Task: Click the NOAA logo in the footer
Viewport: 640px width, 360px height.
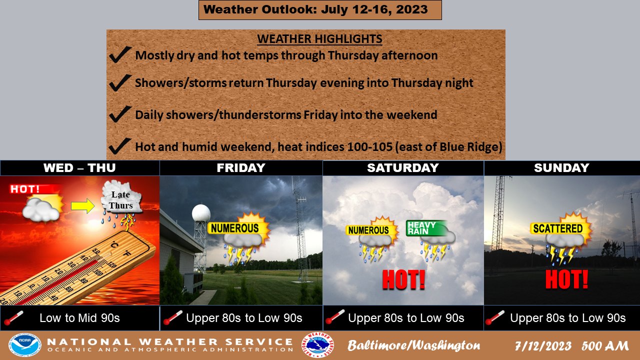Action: (x=25, y=345)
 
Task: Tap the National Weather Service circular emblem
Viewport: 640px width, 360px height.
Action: (x=317, y=345)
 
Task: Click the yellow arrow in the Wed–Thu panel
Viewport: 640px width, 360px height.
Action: (x=82, y=206)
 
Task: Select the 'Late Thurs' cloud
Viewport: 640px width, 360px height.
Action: (x=121, y=197)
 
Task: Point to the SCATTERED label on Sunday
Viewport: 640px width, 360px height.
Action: (x=557, y=228)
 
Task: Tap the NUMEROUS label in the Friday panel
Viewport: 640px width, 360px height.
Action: (x=234, y=228)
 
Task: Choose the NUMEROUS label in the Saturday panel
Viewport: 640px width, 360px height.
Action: (x=368, y=230)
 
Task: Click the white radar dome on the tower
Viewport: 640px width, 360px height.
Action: (x=201, y=213)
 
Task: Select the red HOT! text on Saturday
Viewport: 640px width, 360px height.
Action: (x=403, y=279)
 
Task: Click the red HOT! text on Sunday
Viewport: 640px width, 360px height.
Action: (x=566, y=279)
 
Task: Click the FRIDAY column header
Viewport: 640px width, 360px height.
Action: (x=241, y=167)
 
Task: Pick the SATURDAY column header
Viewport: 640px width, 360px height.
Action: (x=403, y=167)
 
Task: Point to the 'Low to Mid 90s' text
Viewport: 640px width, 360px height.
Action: (x=79, y=318)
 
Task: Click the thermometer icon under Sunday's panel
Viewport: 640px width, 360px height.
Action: (x=494, y=317)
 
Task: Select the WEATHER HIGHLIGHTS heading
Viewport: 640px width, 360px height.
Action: (x=319, y=39)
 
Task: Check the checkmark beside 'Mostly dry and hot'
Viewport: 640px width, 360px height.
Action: (x=120, y=54)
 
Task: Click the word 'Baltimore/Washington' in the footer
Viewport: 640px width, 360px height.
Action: (x=413, y=345)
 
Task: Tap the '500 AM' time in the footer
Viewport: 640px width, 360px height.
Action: (x=605, y=345)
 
